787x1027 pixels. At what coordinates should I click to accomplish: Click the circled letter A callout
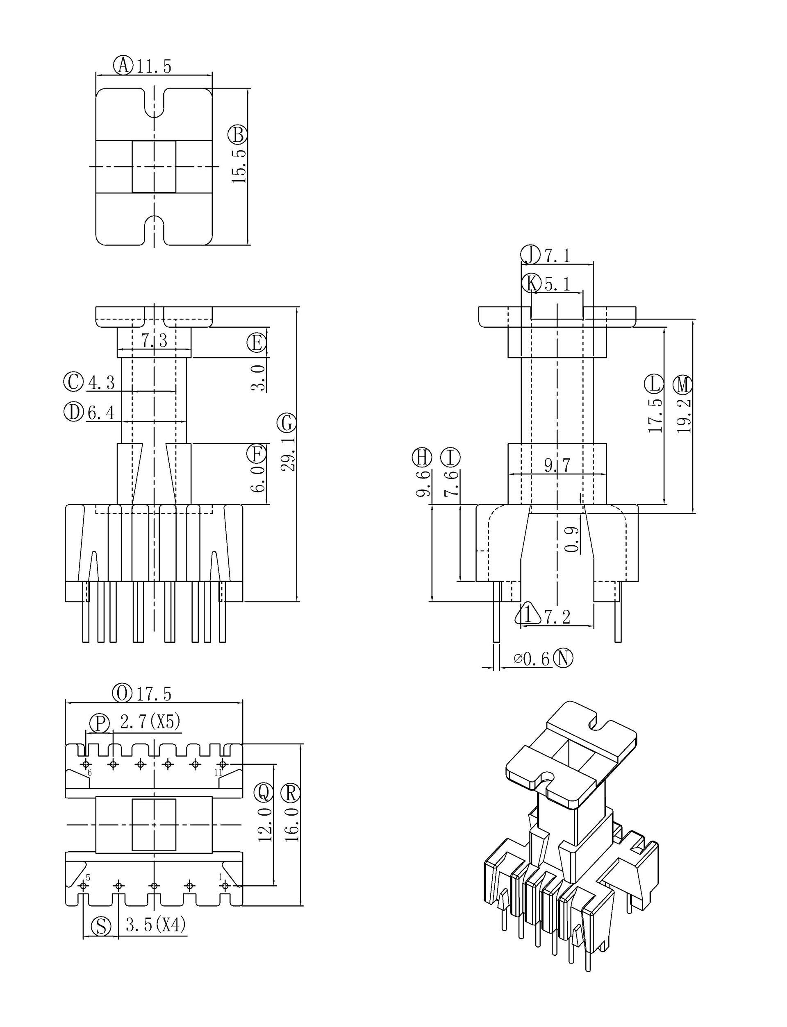pyautogui.click(x=124, y=65)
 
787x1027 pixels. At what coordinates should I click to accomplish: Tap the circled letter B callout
pyautogui.click(x=237, y=135)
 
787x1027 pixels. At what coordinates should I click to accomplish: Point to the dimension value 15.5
pyautogui.click(x=239, y=166)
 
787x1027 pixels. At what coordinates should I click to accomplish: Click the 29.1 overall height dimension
pyautogui.click(x=288, y=453)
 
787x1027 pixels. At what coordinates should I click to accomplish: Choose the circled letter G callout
pyautogui.click(x=287, y=423)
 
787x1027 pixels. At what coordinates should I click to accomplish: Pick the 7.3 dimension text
pyautogui.click(x=154, y=341)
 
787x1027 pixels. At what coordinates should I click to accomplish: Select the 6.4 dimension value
pyautogui.click(x=101, y=413)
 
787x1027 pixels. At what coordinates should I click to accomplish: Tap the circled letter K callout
pyautogui.click(x=531, y=283)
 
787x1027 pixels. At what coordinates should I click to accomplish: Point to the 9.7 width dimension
pyautogui.click(x=557, y=465)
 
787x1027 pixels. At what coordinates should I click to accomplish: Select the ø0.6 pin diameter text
pyautogui.click(x=532, y=659)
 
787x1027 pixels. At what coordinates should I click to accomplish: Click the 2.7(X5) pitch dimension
pyautogui.click(x=150, y=722)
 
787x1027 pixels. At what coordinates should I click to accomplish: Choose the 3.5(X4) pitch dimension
pyautogui.click(x=155, y=925)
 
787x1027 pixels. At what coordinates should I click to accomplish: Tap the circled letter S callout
pyautogui.click(x=101, y=926)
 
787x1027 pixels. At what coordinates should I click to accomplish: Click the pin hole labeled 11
pyautogui.click(x=223, y=764)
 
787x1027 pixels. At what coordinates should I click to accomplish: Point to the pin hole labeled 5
pyautogui.click(x=84, y=886)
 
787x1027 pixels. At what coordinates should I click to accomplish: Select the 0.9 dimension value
pyautogui.click(x=571, y=539)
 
